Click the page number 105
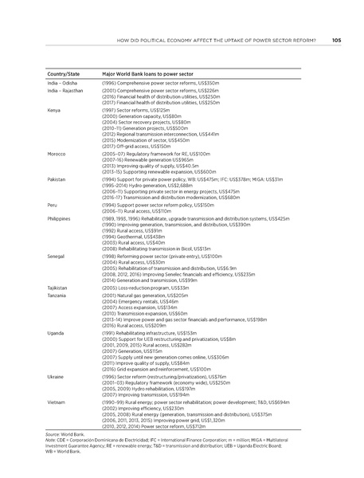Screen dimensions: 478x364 click(x=337, y=41)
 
